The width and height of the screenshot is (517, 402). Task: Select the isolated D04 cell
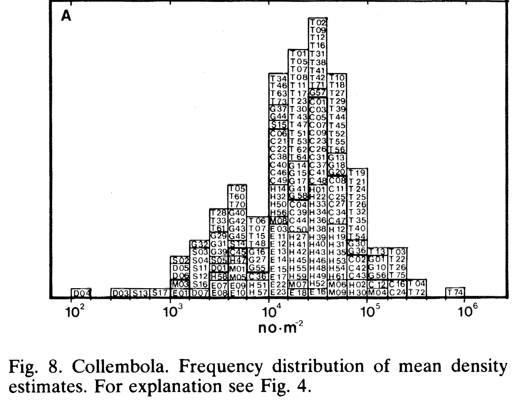point(81,293)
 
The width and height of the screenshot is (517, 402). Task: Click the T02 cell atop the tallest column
point(318,22)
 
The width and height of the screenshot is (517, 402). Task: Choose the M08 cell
point(278,220)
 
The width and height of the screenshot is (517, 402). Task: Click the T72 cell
point(417,293)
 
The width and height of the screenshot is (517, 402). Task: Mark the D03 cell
point(120,293)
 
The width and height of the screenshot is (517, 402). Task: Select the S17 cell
point(160,293)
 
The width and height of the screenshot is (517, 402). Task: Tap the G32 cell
point(199,244)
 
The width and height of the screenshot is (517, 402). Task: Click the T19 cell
point(357,173)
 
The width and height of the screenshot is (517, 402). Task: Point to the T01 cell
point(298,54)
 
